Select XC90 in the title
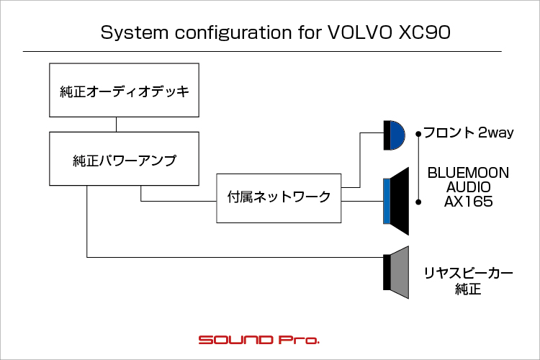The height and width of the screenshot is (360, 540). click(x=424, y=32)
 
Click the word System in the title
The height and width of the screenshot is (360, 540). click(x=135, y=33)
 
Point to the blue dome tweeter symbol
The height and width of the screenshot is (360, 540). click(x=397, y=135)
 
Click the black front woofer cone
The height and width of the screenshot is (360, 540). click(x=400, y=201)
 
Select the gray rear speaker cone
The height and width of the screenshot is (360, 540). click(x=400, y=272)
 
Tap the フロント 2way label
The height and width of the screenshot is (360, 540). click(x=469, y=132)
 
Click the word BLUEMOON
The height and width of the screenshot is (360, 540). click(x=469, y=173)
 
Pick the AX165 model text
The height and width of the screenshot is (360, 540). click(x=469, y=202)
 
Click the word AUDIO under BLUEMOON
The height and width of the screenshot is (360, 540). click(x=469, y=187)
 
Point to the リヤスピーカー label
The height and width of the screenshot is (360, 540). click(x=469, y=273)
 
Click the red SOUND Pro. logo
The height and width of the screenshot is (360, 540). click(x=259, y=340)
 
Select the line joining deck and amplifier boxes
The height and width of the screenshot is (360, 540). click(x=117, y=125)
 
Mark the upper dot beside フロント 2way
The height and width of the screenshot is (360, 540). click(x=418, y=134)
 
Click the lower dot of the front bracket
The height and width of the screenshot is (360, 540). click(x=418, y=202)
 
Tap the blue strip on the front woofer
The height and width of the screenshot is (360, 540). click(x=387, y=201)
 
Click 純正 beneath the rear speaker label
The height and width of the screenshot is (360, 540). click(x=468, y=289)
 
